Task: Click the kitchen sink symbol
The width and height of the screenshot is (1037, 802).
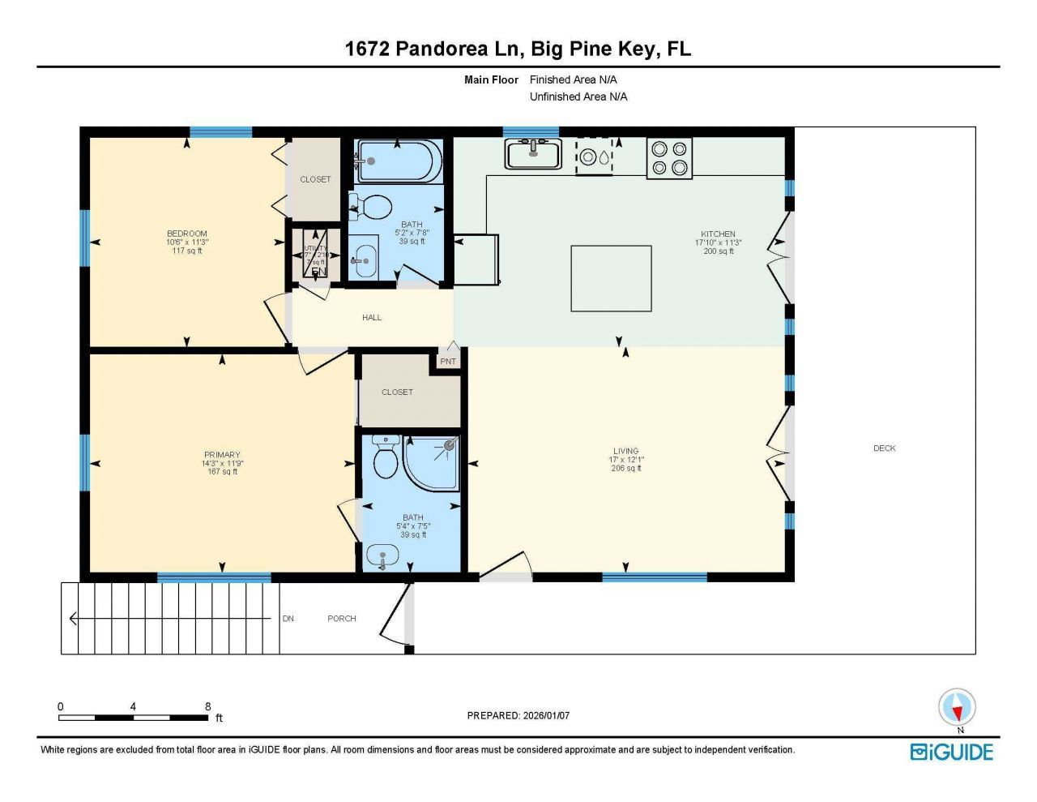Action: (533, 153)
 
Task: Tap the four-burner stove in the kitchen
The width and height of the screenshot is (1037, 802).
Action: (669, 158)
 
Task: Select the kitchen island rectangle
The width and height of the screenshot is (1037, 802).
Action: (611, 278)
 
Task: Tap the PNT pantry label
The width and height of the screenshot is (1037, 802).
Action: (447, 361)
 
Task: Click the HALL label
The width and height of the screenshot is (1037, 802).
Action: (372, 318)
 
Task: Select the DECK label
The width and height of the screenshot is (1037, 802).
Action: (884, 448)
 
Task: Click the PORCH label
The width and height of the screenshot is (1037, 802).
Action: (341, 619)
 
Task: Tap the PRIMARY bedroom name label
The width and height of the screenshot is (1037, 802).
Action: (222, 455)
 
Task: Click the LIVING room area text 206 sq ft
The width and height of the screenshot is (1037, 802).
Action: (625, 469)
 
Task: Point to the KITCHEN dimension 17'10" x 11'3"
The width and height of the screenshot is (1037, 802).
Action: (718, 242)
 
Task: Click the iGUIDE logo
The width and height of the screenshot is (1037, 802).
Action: (951, 752)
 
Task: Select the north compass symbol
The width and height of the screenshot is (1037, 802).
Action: (957, 707)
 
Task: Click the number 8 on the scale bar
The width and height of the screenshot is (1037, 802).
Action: (208, 706)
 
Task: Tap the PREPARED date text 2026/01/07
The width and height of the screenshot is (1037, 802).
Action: (546, 715)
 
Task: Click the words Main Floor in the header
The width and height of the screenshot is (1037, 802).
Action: (491, 79)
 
